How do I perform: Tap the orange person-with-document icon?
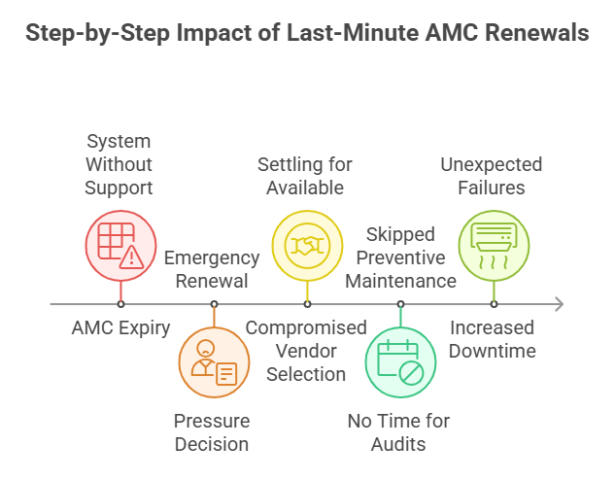tap(213, 362)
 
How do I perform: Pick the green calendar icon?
tap(400, 362)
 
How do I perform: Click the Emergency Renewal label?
tap(212, 269)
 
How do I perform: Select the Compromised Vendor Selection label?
tap(306, 350)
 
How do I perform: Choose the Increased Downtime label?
tap(492, 338)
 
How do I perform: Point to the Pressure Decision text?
tap(212, 432)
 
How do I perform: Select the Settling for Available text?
tap(305, 176)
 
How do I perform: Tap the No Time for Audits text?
tap(399, 432)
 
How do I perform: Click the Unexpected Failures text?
tap(491, 176)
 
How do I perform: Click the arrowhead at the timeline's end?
tap(557, 304)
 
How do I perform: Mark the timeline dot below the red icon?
tap(120, 304)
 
